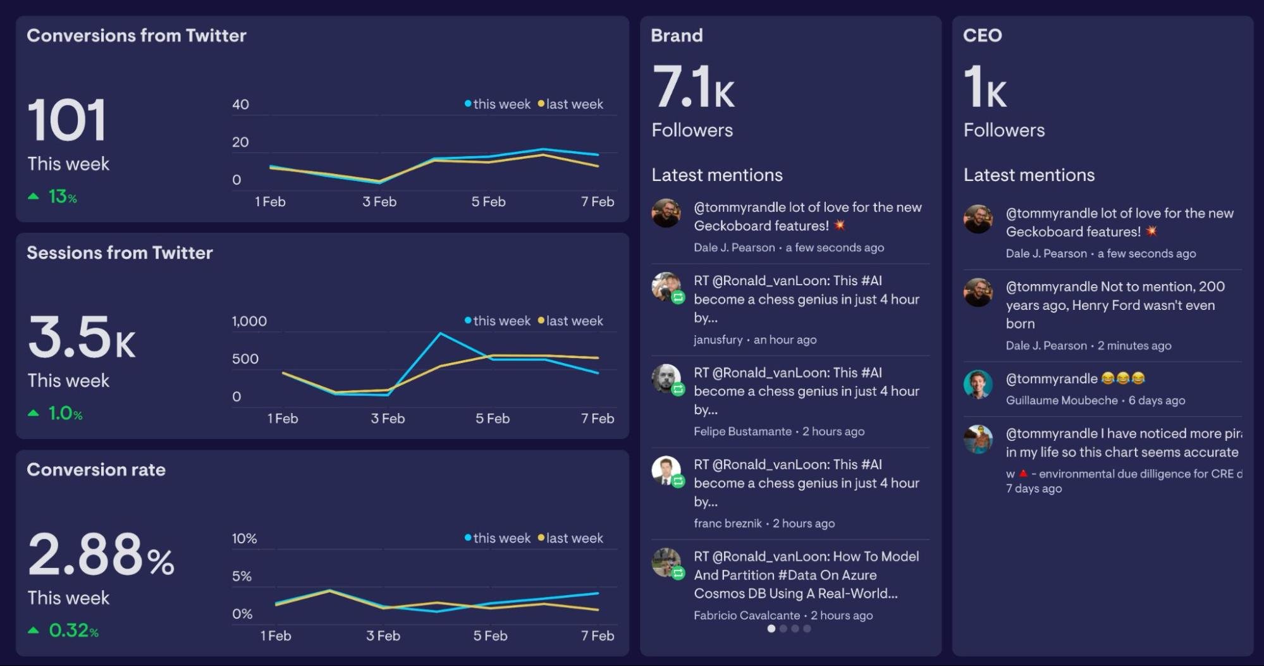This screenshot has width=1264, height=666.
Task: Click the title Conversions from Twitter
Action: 136,35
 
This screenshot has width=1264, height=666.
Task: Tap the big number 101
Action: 66,120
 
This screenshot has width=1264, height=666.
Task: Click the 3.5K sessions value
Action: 81,338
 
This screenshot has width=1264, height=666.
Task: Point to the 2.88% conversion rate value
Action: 101,555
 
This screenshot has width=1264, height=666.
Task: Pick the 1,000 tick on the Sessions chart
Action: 249,321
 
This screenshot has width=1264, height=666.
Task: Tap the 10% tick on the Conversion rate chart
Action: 244,538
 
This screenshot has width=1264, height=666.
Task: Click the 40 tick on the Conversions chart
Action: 240,104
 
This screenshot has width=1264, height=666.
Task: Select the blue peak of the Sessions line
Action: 440,333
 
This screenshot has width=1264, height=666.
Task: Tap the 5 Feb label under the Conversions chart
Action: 488,202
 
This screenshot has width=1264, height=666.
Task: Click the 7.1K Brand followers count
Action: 693,88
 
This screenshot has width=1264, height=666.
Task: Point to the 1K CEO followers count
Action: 985,88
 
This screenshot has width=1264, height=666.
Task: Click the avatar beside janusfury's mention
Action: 666,287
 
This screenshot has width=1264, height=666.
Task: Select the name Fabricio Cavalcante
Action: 746,615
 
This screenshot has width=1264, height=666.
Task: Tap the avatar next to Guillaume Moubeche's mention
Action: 978,384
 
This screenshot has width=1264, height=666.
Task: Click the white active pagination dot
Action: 771,629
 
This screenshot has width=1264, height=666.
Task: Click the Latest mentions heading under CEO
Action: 1029,175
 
